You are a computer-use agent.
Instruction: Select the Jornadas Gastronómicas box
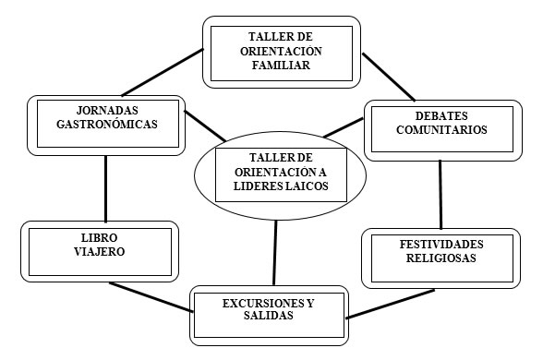point(105,119)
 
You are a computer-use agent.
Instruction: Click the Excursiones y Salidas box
point(269,312)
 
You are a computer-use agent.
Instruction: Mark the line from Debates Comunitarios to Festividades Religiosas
point(440,194)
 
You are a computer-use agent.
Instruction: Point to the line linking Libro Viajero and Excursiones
point(150,297)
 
